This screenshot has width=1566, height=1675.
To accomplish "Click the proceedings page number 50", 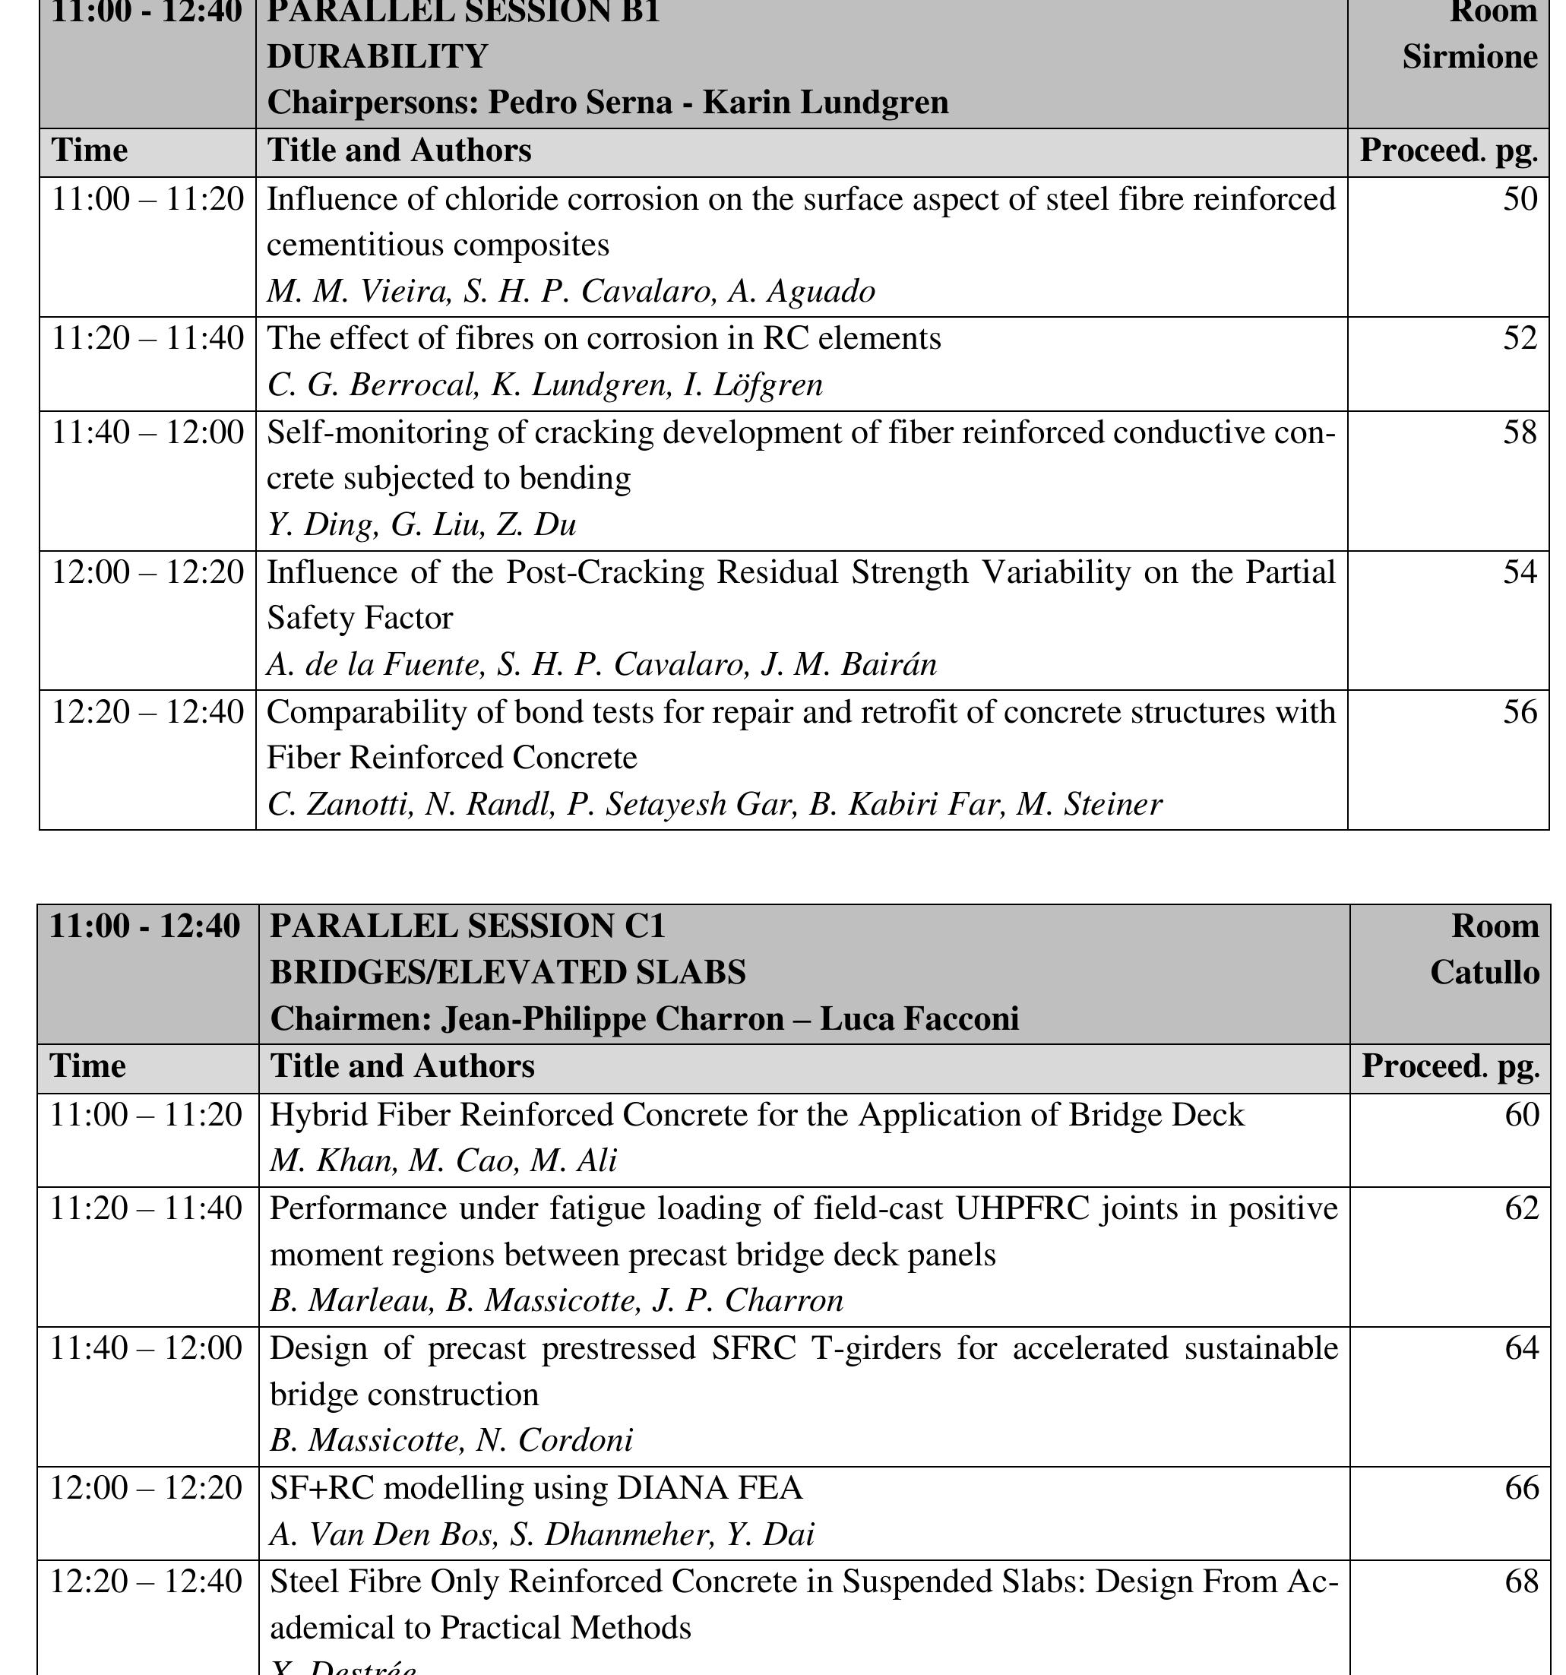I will [1520, 200].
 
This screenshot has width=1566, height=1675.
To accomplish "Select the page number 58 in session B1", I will [1520, 432].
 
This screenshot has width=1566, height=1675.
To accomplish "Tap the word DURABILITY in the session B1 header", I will [378, 56].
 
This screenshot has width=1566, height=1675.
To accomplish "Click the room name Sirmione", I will [1470, 56].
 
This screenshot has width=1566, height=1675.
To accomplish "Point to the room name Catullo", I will [1484, 972].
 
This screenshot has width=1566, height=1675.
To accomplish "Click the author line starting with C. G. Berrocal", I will [544, 385].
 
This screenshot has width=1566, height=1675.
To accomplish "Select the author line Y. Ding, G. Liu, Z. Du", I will [421, 525].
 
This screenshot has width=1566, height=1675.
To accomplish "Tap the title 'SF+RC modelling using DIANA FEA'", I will [536, 1488].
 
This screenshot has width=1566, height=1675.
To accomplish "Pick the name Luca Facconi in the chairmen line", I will [919, 1019].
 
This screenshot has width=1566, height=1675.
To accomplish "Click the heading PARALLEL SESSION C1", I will [467, 926].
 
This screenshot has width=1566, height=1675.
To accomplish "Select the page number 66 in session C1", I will [1521, 1488].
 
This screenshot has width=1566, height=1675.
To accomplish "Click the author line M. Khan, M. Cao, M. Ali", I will [443, 1161].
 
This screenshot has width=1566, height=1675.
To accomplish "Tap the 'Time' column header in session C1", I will [87, 1067].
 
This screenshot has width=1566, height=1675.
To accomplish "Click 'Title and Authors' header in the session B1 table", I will [400, 150].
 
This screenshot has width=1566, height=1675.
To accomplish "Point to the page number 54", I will [1520, 572].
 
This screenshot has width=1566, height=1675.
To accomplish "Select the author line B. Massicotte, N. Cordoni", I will [451, 1441].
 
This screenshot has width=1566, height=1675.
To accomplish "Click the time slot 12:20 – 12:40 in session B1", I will [147, 712].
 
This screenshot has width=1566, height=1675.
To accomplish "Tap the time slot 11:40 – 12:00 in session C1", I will [147, 1348].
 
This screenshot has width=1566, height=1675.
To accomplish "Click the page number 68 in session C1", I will [1521, 1582].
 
